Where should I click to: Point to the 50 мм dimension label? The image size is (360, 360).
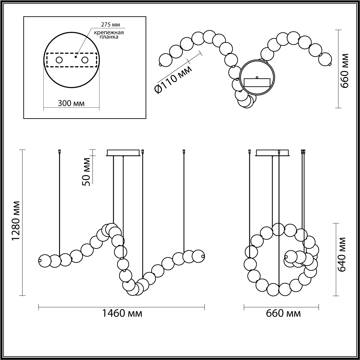click(x=86, y=172)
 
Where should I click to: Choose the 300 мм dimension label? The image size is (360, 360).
click(x=71, y=103)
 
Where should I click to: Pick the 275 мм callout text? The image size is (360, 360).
click(x=111, y=25)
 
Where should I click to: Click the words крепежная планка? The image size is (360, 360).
click(x=109, y=34)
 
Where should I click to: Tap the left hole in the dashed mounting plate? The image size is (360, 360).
click(x=59, y=60)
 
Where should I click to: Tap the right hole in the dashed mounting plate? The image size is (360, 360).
click(x=85, y=60)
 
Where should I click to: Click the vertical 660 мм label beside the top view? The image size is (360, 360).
click(x=344, y=70)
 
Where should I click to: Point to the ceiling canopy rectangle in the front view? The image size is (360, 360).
click(x=123, y=153)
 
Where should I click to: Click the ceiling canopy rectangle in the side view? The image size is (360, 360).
click(x=273, y=153)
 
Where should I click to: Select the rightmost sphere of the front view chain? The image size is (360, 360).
click(x=198, y=256)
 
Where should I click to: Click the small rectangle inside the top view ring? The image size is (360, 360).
click(x=257, y=82)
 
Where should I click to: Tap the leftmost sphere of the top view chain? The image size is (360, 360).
click(x=166, y=60)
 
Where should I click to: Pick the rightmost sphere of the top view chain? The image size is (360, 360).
click(x=325, y=59)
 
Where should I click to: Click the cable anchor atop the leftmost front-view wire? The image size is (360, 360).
click(x=60, y=151)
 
